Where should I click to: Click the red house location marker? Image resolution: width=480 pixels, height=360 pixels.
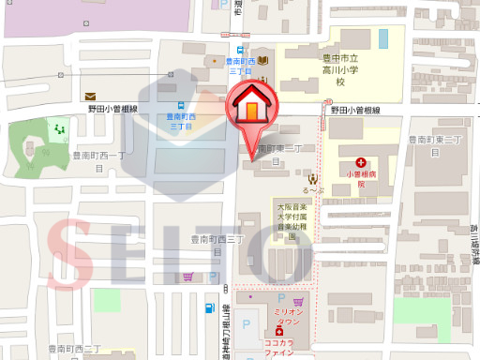pyautogui.click(x=252, y=105)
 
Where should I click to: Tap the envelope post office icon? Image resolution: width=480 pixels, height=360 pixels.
pyautogui.click(x=90, y=96)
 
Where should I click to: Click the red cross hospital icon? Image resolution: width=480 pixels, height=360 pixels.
pyautogui.click(x=361, y=162)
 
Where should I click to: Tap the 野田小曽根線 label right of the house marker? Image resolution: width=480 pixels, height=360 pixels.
pyautogui.click(x=354, y=111)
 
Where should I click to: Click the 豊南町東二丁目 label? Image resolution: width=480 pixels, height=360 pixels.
pyautogui.click(x=277, y=154)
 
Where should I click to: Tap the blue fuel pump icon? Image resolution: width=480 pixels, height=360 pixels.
pyautogui.click(x=207, y=307)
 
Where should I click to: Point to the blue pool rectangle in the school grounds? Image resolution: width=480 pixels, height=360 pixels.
pyautogui.click(x=382, y=38)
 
